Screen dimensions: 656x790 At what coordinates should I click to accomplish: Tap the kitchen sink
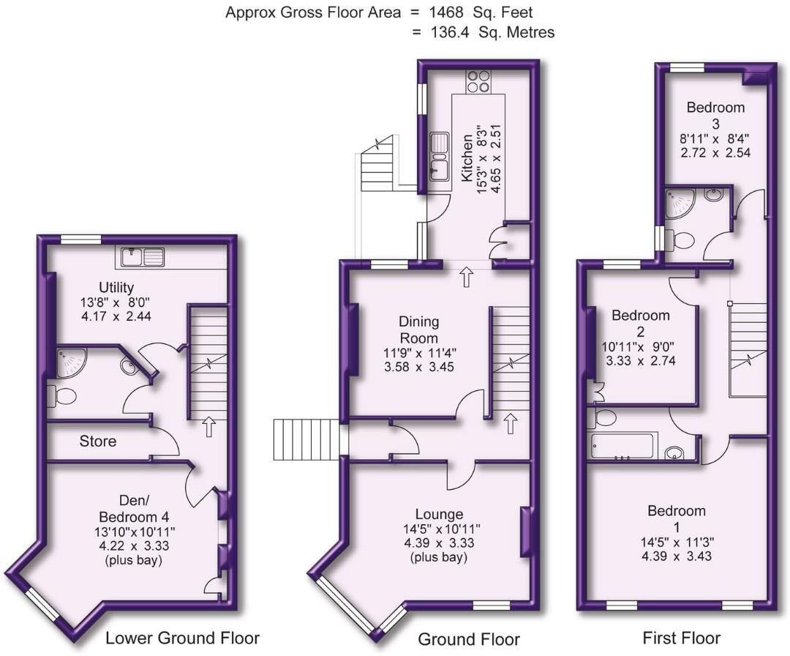(440, 156)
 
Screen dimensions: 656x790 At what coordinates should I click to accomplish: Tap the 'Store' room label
(98, 441)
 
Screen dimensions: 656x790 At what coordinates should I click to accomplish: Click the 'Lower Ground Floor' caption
(182, 637)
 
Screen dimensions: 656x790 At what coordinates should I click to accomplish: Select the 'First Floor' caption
(681, 638)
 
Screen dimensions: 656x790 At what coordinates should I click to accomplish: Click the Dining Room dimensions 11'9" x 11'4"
(418, 353)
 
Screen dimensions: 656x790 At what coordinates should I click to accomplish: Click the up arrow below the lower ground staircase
(209, 427)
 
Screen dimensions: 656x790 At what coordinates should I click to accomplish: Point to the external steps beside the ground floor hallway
(306, 439)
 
